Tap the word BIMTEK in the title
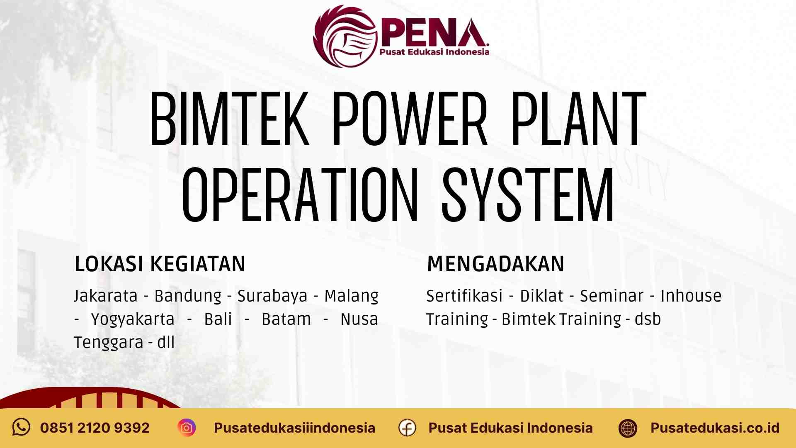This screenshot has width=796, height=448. (x=229, y=119)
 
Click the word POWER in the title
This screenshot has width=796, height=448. (x=410, y=119)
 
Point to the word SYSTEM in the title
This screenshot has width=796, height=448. (x=527, y=195)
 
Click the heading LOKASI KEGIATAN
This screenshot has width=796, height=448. (x=160, y=264)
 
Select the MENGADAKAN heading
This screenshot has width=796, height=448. (x=495, y=264)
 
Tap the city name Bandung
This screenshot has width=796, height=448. (x=188, y=296)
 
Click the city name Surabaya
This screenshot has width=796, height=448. (x=272, y=296)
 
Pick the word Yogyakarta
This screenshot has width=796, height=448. (x=133, y=319)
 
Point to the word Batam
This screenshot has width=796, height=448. (x=286, y=319)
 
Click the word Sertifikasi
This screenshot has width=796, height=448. (x=464, y=296)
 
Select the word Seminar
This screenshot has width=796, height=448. (x=612, y=296)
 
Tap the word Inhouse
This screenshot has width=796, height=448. (x=691, y=296)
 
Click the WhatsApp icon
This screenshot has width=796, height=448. (x=21, y=427)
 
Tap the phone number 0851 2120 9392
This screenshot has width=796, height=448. (x=95, y=428)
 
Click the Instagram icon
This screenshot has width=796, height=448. (x=187, y=428)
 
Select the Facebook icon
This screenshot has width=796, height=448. (x=407, y=428)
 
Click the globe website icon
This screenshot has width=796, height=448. (x=628, y=428)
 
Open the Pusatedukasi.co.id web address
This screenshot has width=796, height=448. (x=715, y=428)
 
